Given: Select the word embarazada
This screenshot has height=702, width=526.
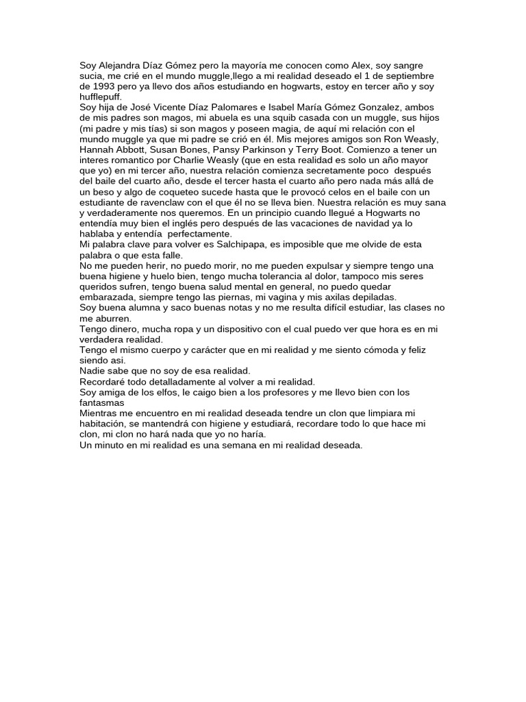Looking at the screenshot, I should point(108,298).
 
